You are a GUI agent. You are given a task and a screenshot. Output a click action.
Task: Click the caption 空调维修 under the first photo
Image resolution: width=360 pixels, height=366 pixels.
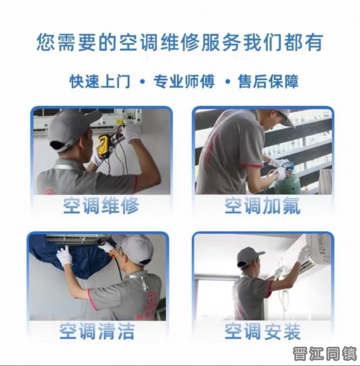101,205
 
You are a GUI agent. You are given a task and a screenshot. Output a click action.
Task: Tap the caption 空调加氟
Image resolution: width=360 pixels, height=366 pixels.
263,205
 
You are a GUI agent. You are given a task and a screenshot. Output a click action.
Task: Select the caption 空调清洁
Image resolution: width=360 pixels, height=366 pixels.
97,331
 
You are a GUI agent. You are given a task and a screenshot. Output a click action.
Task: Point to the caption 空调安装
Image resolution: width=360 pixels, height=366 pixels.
263,331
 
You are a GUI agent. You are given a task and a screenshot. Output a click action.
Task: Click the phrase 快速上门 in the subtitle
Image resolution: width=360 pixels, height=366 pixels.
100,81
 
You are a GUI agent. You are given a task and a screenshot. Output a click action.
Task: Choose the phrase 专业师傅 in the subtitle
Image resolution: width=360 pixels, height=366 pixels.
184,81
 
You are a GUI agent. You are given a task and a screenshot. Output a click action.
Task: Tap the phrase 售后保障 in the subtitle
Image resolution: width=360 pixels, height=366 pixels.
268,81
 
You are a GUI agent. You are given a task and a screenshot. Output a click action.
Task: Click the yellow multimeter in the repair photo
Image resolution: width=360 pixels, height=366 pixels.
104,146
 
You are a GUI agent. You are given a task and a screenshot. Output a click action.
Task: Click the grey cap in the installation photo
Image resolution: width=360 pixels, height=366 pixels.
249,257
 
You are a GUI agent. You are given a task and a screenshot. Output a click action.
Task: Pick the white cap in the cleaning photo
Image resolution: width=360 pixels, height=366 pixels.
137,249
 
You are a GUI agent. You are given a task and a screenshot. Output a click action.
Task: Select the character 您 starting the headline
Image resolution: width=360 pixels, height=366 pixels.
46,42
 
